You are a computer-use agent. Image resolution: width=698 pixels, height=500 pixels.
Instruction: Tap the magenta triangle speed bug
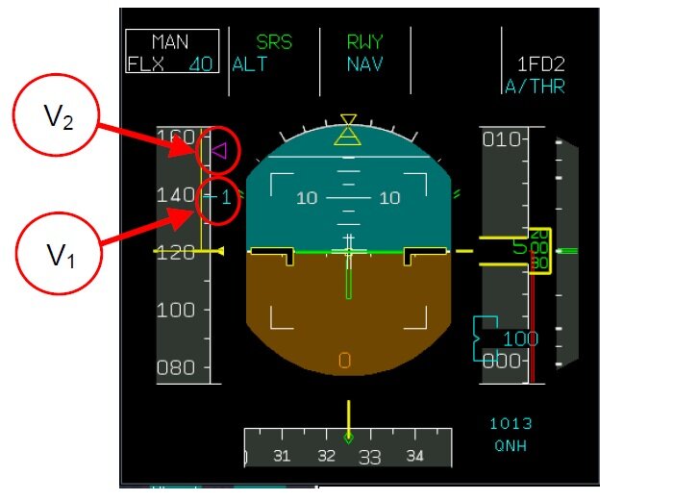pyautogui.click(x=219, y=150)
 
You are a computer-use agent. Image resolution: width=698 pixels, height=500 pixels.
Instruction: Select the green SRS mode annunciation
pyautogui.click(x=274, y=43)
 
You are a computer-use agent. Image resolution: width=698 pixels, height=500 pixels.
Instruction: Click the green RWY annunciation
pyautogui.click(x=365, y=43)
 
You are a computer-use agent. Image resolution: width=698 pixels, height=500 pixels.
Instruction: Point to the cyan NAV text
pyautogui.click(x=365, y=65)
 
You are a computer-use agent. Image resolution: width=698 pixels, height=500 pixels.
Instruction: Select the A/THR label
pyautogui.click(x=535, y=87)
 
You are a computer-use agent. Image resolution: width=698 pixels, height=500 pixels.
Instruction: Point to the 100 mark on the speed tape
pyautogui.click(x=176, y=310)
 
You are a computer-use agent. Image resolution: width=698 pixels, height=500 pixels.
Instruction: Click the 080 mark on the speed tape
pyautogui.click(x=176, y=367)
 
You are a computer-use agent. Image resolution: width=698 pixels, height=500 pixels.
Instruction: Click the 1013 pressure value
pyautogui.click(x=511, y=423)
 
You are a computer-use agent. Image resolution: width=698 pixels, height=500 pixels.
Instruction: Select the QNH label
pyautogui.click(x=511, y=446)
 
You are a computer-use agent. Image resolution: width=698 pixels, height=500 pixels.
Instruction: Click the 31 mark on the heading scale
pyautogui.click(x=282, y=456)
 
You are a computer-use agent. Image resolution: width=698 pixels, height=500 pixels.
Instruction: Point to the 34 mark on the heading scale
pyautogui.click(x=415, y=456)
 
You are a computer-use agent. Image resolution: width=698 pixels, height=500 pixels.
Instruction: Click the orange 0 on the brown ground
pyautogui.click(x=344, y=362)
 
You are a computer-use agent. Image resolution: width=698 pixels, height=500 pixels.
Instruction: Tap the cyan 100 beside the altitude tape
pyautogui.click(x=521, y=339)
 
